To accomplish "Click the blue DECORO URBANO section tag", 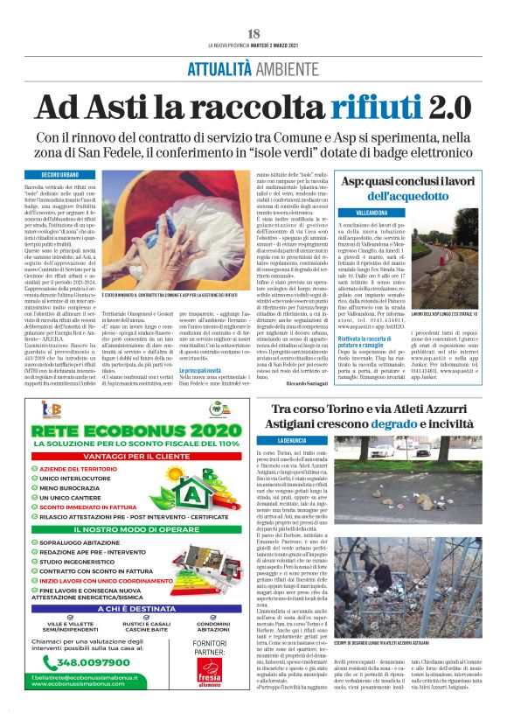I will (57, 175).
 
